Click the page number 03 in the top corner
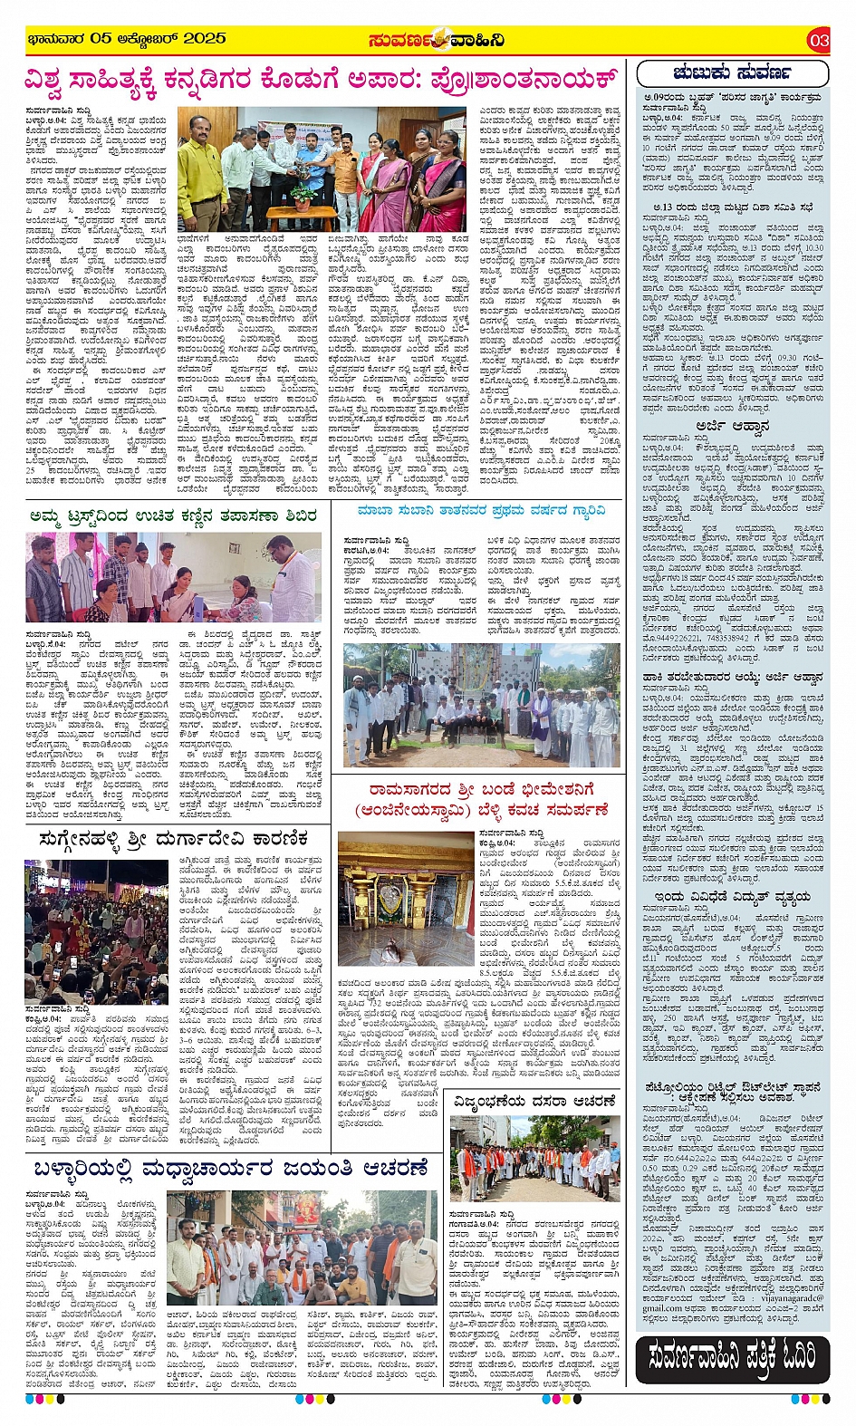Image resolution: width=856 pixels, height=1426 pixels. pos(819,40)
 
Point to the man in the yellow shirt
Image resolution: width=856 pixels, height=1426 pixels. pos(202,178)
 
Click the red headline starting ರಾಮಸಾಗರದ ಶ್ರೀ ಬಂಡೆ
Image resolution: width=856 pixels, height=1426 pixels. pos(481,801)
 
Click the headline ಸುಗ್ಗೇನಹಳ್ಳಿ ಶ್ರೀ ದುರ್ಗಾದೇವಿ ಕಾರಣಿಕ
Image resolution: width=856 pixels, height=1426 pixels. pos(175,840)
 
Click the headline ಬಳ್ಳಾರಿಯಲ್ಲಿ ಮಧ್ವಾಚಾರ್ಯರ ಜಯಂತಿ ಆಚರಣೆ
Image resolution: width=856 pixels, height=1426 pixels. pos(231,1170)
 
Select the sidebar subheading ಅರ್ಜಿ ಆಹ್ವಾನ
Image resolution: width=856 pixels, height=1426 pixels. pos(732,425)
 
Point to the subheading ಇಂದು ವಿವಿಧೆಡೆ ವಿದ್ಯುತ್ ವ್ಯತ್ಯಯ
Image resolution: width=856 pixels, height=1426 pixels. pos(732,896)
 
